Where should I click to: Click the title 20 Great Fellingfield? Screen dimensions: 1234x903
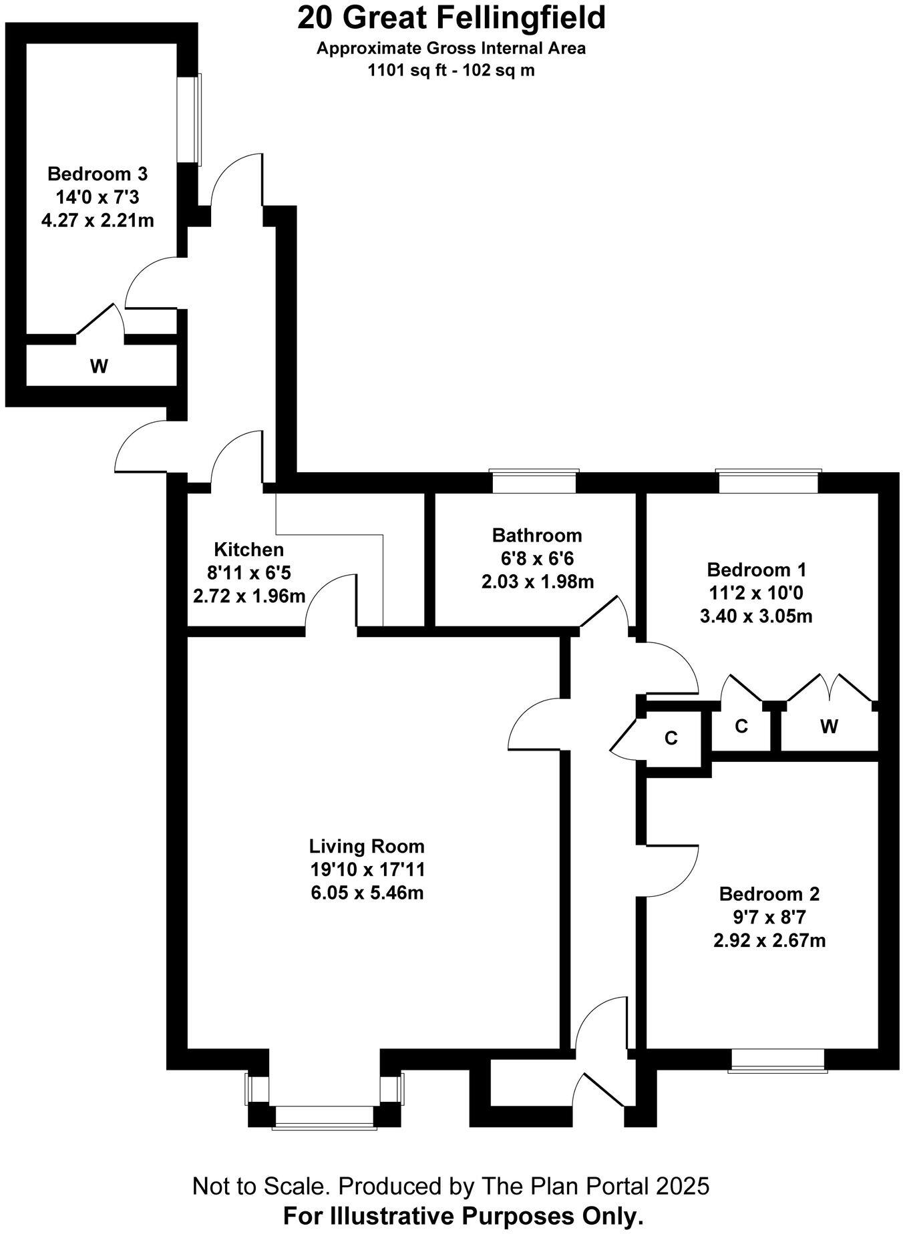tap(452, 18)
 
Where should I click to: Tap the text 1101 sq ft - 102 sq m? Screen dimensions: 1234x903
tap(452, 70)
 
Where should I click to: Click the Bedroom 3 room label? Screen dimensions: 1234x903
tap(98, 174)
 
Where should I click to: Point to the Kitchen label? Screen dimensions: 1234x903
tap(248, 550)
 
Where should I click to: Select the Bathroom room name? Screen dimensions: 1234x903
tap(537, 535)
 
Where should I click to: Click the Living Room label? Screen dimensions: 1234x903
tap(367, 846)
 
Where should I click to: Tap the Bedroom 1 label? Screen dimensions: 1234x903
tap(756, 570)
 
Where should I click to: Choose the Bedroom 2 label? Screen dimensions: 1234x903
tap(769, 893)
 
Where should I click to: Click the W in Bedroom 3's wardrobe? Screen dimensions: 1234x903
tap(99, 366)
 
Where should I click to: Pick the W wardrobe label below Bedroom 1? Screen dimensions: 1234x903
tap(829, 727)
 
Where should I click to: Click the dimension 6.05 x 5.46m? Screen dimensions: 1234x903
tap(367, 892)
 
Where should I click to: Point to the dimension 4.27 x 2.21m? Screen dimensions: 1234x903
tap(98, 220)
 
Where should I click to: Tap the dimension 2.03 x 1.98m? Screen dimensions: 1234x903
tap(537, 581)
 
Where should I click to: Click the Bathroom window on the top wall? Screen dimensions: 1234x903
tap(534, 481)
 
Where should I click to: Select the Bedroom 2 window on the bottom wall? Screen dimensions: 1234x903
tap(777, 1060)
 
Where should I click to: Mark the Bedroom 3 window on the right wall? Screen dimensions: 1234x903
tap(189, 120)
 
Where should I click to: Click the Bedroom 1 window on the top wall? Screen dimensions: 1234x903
tap(768, 481)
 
